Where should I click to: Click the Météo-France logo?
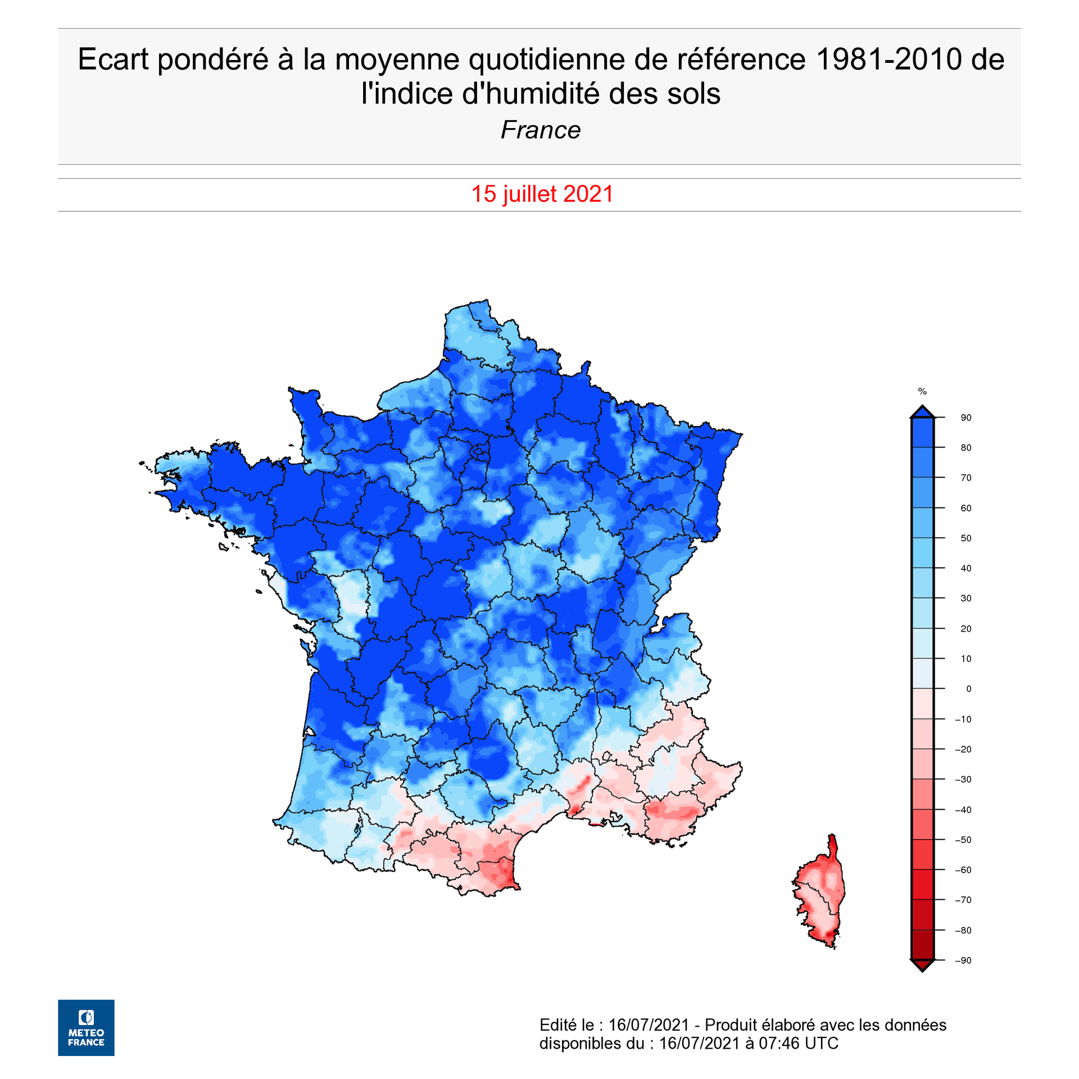click(x=86, y=1027)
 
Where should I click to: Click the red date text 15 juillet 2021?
click(x=542, y=194)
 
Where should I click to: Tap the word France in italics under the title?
click(x=540, y=130)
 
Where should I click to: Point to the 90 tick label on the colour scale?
click(x=965, y=418)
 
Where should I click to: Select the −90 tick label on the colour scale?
click(x=963, y=960)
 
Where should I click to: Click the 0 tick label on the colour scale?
click(x=968, y=689)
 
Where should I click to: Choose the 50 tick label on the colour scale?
click(x=965, y=538)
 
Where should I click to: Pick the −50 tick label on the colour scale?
click(x=963, y=840)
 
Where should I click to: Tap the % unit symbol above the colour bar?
click(x=922, y=392)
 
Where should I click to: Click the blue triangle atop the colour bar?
click(x=922, y=412)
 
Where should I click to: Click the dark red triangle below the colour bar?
click(x=922, y=965)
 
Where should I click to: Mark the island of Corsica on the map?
click(x=820, y=894)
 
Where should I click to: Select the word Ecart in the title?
click(x=113, y=60)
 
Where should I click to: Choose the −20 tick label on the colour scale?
click(x=963, y=750)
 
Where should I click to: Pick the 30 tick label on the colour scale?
click(x=965, y=599)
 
